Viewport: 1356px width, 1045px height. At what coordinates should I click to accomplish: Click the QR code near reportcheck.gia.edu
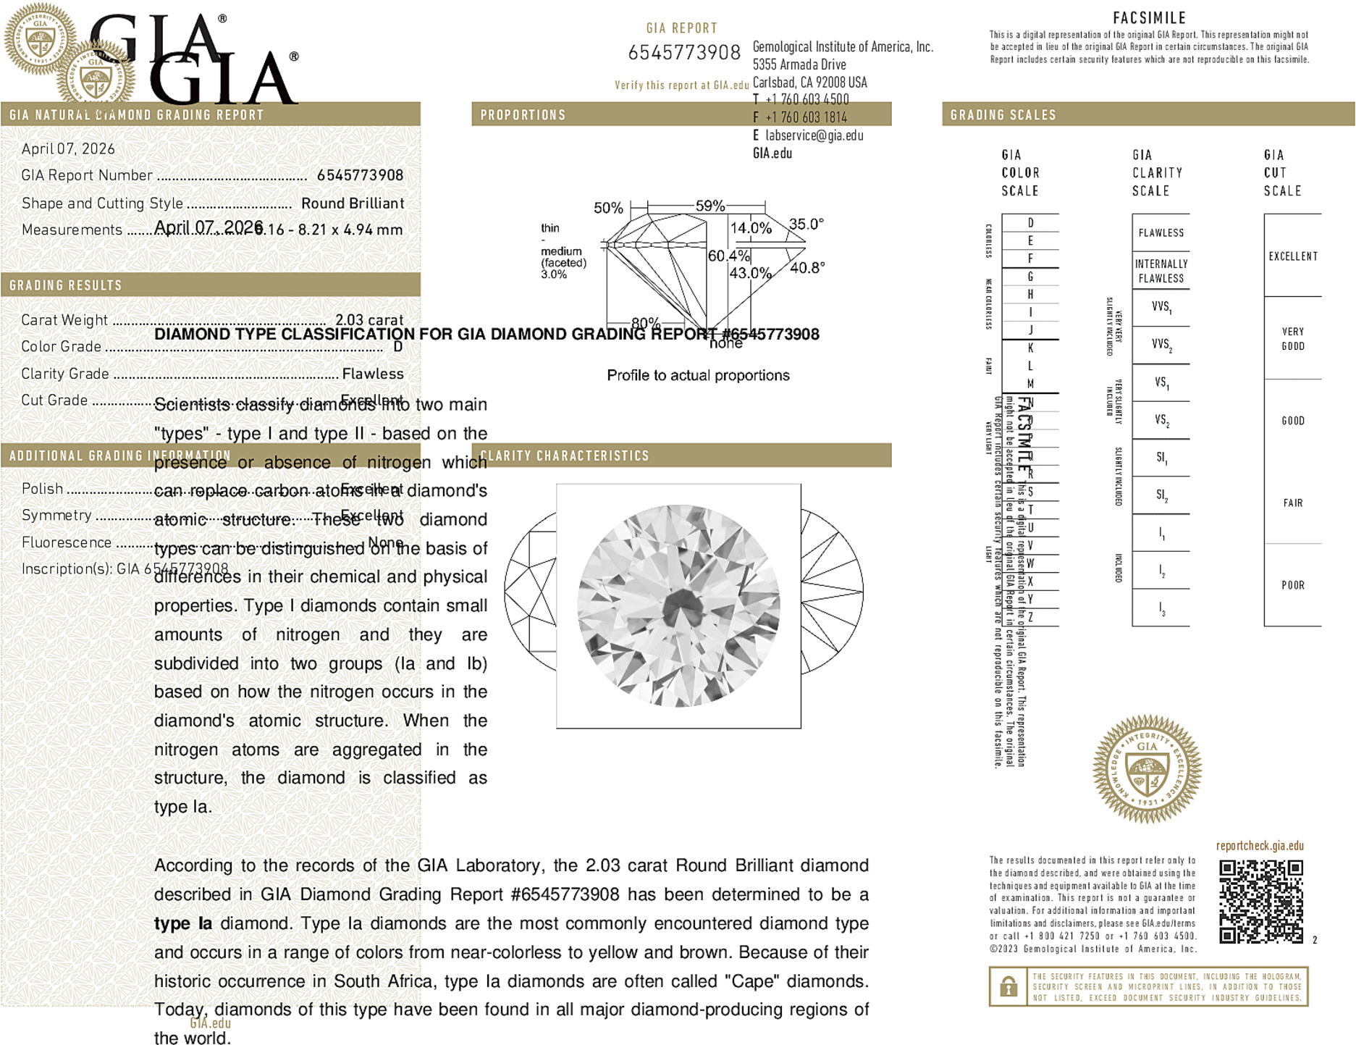[1260, 901]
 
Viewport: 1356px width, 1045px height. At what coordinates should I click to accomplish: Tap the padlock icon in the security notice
[1008, 986]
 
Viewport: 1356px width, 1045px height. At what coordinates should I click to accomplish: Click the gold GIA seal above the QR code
[1147, 769]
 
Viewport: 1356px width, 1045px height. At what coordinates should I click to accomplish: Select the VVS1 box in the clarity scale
[1161, 307]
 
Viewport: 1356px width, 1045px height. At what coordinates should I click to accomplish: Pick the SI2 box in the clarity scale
[1161, 495]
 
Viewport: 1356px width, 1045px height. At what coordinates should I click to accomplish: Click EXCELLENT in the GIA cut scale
[1293, 256]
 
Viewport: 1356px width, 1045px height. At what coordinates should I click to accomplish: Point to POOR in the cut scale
[1293, 585]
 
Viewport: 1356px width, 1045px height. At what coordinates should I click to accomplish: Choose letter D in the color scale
[1030, 223]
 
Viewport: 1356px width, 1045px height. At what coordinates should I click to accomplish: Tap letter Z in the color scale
[1030, 617]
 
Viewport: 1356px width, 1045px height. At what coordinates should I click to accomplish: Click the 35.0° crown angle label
[807, 224]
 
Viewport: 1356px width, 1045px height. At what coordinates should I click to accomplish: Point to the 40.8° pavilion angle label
[807, 268]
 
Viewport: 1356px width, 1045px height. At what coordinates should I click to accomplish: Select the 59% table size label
[709, 206]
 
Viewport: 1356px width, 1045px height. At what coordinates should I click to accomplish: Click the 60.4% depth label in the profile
[728, 256]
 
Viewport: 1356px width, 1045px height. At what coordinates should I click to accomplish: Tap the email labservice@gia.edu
[814, 135]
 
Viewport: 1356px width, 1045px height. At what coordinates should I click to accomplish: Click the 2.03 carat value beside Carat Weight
[369, 320]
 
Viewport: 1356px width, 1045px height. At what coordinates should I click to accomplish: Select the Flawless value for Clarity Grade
[373, 374]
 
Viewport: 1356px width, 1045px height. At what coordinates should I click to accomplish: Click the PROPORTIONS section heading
[523, 115]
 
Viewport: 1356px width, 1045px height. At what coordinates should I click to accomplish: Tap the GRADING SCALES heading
[1003, 115]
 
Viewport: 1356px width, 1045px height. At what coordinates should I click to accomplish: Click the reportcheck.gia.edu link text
[1260, 846]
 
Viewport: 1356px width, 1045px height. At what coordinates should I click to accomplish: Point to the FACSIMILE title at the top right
[1149, 18]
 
